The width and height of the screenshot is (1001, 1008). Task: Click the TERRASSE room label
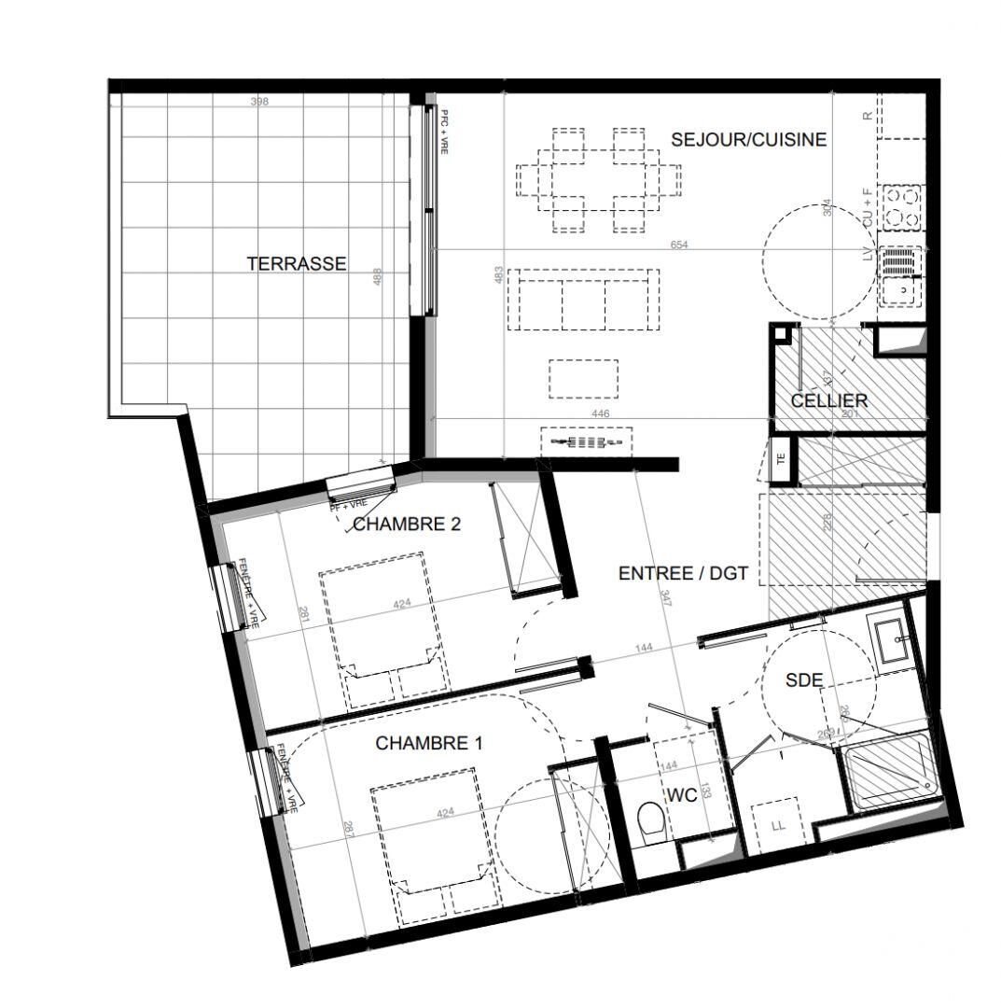click(296, 264)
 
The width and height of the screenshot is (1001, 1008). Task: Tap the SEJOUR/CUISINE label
click(748, 140)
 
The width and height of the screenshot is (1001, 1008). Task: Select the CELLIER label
click(828, 400)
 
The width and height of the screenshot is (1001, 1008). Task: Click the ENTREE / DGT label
click(683, 573)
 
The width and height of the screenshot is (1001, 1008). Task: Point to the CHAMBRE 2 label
click(407, 525)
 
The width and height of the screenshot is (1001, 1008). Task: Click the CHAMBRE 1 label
click(428, 744)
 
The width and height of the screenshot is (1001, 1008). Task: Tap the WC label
click(681, 796)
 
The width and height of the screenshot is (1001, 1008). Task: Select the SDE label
click(803, 681)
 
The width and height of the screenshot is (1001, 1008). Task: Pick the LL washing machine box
click(776, 825)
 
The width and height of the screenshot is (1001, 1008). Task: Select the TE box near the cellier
click(782, 458)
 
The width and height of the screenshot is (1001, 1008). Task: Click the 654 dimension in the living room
click(679, 245)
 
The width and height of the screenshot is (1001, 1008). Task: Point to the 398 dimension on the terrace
click(259, 101)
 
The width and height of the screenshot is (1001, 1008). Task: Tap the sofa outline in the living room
click(583, 300)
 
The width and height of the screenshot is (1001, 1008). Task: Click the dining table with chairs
click(598, 179)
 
